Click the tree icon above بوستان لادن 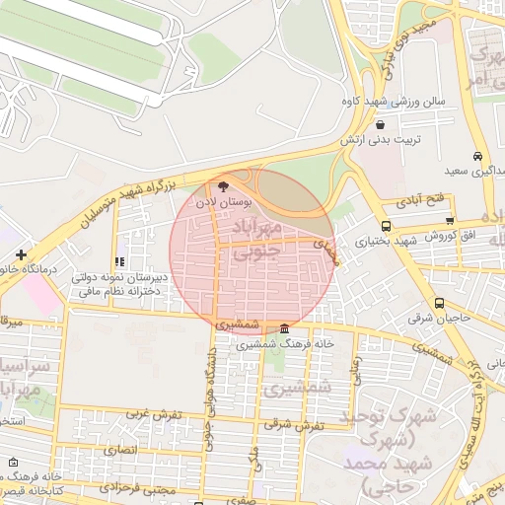[x=222, y=184]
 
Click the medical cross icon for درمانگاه [x=21, y=255]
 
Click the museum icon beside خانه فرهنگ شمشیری [x=285, y=328]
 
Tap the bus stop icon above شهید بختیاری [x=385, y=225]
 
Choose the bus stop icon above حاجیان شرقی [x=438, y=304]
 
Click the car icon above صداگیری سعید [x=477, y=156]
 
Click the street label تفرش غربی [x=156, y=414]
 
